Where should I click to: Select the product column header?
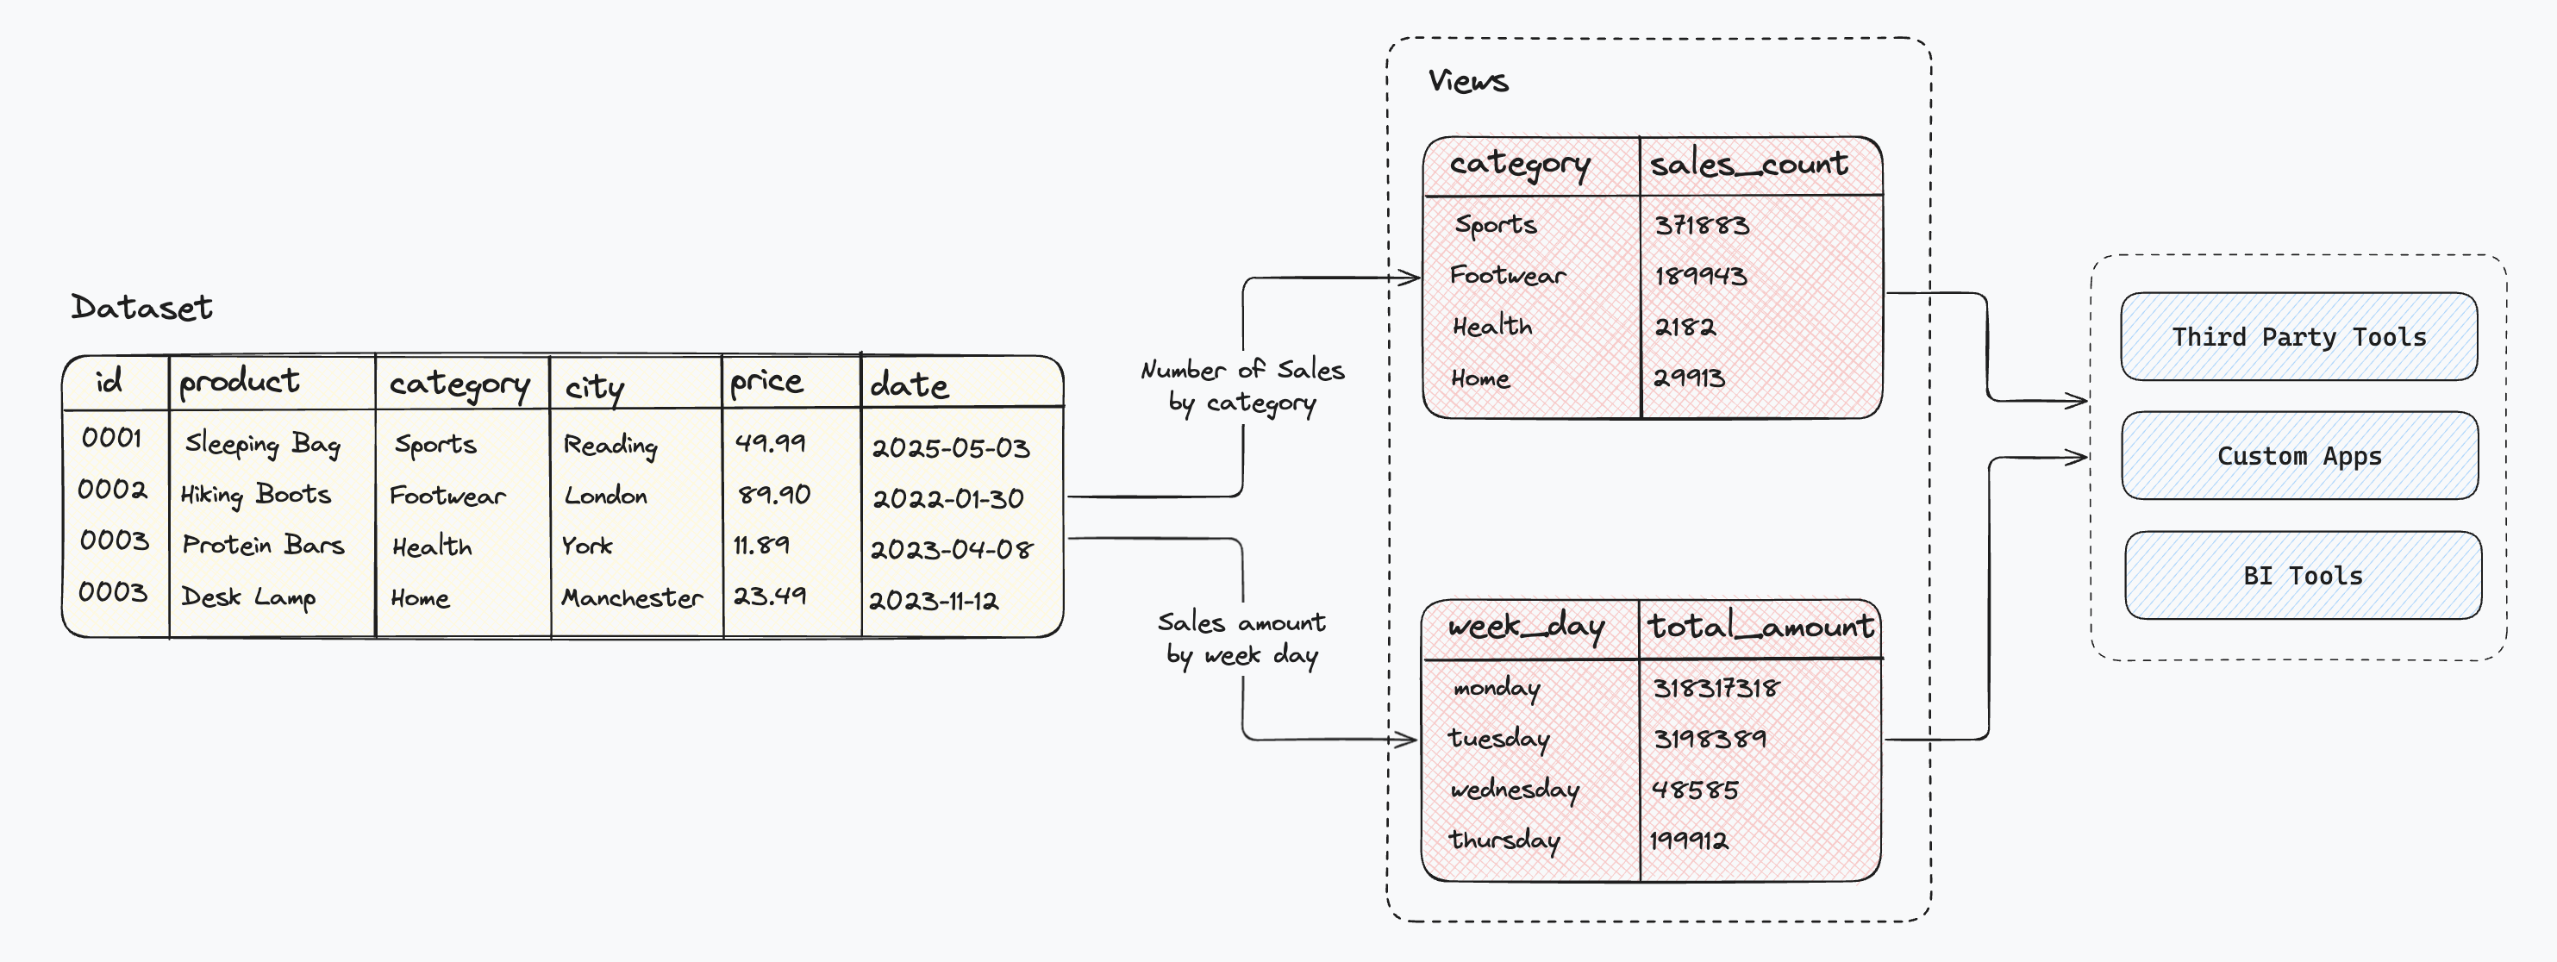pyautogui.click(x=239, y=382)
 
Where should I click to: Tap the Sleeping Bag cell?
pyautogui.click(x=263, y=444)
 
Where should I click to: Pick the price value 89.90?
pyautogui.click(x=773, y=495)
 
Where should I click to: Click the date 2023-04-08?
pyautogui.click(x=951, y=549)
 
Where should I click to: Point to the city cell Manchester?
pyautogui.click(x=631, y=597)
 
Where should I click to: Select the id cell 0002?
pyautogui.click(x=112, y=490)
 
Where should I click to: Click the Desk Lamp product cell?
pyautogui.click(x=248, y=597)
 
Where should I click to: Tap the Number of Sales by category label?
pyautogui.click(x=1241, y=386)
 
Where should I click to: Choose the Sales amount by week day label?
pyautogui.click(x=1241, y=639)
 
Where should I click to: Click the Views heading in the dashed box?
pyautogui.click(x=1468, y=81)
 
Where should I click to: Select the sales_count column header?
pyautogui.click(x=1749, y=165)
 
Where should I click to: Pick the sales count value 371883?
pyautogui.click(x=1701, y=225)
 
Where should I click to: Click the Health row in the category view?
pyautogui.click(x=1492, y=327)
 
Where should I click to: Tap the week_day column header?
pyautogui.click(x=1526, y=628)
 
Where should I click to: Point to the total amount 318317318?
pyautogui.click(x=1716, y=688)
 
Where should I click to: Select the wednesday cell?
pyautogui.click(x=1514, y=790)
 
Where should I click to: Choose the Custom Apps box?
pyautogui.click(x=2299, y=457)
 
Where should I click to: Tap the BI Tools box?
pyautogui.click(x=2303, y=576)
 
